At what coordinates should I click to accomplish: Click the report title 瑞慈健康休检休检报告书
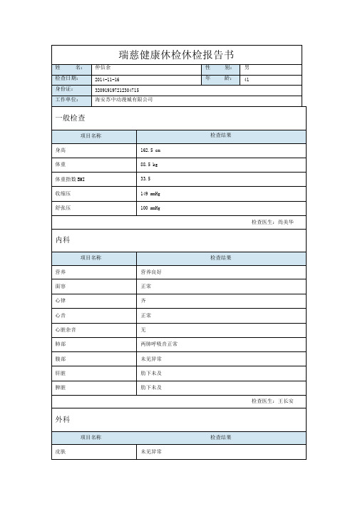tap(177, 54)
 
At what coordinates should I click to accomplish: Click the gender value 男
tap(247, 68)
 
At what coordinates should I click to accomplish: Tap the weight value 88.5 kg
tap(150, 165)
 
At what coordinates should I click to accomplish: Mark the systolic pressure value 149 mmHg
tap(151, 194)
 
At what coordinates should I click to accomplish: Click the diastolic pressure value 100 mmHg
tap(151, 208)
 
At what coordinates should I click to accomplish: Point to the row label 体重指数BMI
tap(70, 180)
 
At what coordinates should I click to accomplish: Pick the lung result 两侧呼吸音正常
tap(160, 344)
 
